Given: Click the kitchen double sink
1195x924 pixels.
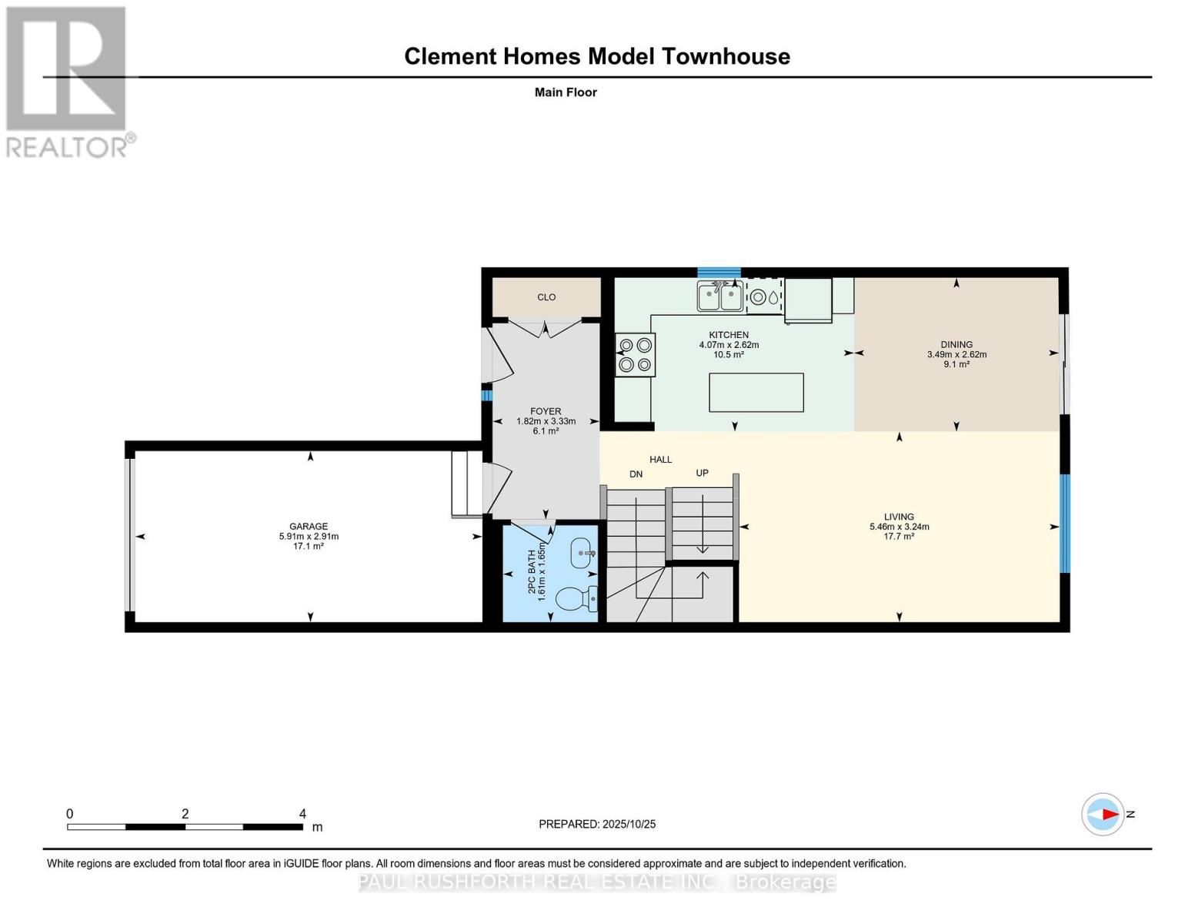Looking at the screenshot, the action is [x=720, y=296].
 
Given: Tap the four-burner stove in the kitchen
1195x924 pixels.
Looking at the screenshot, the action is [x=635, y=355].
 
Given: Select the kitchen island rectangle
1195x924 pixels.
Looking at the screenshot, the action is [x=756, y=393].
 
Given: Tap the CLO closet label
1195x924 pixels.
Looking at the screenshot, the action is [x=546, y=297].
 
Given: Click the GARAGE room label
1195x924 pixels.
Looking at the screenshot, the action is [x=309, y=526].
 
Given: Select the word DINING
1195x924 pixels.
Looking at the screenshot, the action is [x=956, y=344].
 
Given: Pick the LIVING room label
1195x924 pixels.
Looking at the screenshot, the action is [x=900, y=517].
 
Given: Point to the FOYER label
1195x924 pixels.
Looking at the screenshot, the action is [x=546, y=411].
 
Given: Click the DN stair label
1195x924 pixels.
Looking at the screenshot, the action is [x=636, y=474].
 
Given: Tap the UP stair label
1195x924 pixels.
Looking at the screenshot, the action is [x=703, y=473].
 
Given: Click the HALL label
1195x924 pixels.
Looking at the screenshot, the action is [x=660, y=460].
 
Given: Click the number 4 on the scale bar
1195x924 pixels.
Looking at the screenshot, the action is [x=302, y=814].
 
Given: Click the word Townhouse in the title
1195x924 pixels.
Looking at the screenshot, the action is [x=726, y=56].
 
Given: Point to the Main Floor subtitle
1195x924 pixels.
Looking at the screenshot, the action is [x=566, y=92].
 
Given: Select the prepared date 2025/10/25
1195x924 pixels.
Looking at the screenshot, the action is [x=629, y=825].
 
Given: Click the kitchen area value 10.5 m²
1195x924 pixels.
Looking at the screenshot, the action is [x=729, y=354].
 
